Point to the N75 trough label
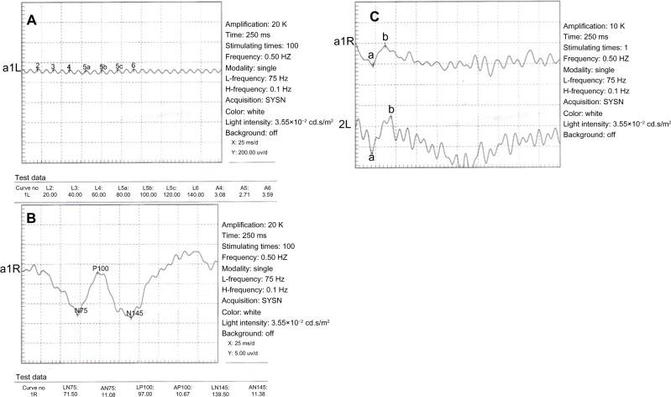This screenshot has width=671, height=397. point(81,310)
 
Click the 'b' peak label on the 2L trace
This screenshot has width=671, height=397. point(391,109)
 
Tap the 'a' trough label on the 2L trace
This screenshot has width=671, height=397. point(371,156)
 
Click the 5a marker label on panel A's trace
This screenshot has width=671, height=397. point(86,66)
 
